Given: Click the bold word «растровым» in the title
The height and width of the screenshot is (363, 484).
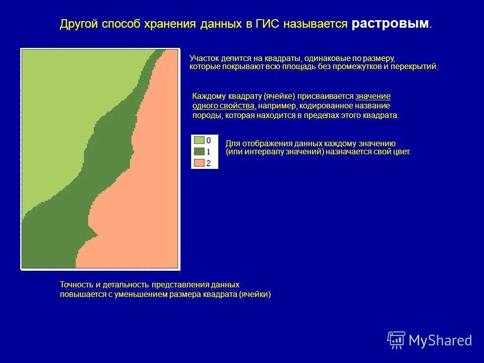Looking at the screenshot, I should click(x=391, y=24).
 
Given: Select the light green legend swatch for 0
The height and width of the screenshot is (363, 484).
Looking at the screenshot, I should click(x=199, y=140).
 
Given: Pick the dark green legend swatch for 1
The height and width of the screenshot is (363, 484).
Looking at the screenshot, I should click(x=199, y=151).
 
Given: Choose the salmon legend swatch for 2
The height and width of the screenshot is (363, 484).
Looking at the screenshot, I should click(x=199, y=162).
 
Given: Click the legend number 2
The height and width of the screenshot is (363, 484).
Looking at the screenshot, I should click(x=209, y=163).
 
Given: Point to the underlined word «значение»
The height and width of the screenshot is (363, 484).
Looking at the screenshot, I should click(x=373, y=96).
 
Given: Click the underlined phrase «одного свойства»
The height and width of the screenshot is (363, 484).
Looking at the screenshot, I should click(x=223, y=105).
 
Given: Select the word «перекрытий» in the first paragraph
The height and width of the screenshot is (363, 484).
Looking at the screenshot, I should click(x=418, y=67).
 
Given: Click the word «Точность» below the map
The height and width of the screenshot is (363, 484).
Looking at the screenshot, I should click(x=76, y=285).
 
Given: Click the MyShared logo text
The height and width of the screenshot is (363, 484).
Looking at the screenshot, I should click(x=440, y=341).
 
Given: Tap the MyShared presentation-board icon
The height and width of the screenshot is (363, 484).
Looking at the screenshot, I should click(x=396, y=340).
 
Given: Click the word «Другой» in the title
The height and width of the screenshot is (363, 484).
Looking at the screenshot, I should click(x=79, y=24).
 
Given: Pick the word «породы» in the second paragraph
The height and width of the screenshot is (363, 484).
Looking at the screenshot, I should click(x=205, y=115).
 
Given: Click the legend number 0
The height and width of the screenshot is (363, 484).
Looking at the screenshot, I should click(x=209, y=140).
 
